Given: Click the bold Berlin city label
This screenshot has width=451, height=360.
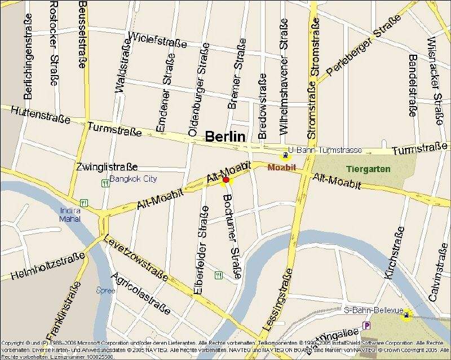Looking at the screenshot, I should [225, 136].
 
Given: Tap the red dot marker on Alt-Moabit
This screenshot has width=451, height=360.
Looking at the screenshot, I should [226, 180].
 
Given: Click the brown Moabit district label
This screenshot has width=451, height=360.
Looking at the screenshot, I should [282, 168].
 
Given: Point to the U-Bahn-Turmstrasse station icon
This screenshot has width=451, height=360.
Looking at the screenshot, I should [286, 155].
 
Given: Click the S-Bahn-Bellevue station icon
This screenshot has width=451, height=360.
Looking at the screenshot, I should [405, 316].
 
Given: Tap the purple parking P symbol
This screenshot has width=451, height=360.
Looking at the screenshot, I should [367, 326].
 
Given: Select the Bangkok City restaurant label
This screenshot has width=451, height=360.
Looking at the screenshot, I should [134, 179].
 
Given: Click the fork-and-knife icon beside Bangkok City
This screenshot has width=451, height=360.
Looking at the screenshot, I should [104, 183].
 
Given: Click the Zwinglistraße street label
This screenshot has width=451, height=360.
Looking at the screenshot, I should [107, 167].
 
